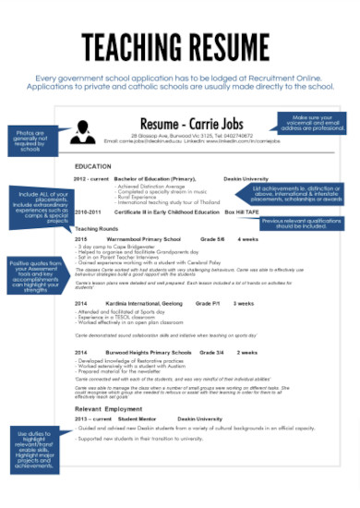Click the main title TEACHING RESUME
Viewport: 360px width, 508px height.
pos(180,45)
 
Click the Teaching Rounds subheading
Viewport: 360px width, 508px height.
pos(97,227)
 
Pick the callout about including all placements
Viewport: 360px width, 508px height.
pos(39,207)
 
